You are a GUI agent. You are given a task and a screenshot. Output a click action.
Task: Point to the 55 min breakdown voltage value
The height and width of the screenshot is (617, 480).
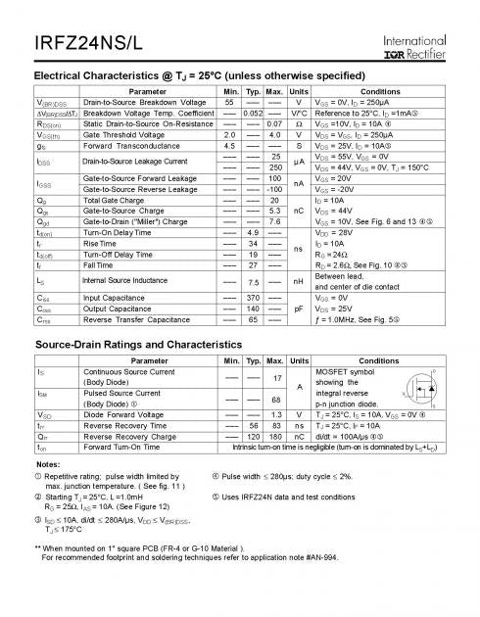[x=229, y=102]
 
